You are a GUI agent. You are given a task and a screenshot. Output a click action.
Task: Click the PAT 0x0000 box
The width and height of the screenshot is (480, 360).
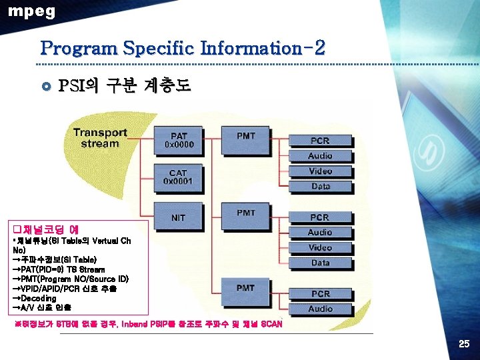[179, 140]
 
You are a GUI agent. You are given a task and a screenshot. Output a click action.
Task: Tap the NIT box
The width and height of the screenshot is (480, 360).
[179, 217]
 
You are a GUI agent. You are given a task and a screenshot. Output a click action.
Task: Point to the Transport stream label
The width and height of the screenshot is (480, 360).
[100, 138]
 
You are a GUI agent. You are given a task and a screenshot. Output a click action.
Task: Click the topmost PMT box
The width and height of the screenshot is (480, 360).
[246, 136]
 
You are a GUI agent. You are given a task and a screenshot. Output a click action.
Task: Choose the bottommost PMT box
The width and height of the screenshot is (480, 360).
[246, 288]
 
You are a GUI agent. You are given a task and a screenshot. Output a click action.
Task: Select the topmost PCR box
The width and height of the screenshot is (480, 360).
[320, 141]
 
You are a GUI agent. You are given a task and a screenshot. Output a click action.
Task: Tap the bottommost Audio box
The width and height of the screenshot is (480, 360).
[320, 309]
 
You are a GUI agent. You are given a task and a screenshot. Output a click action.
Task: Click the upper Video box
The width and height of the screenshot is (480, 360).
[320, 171]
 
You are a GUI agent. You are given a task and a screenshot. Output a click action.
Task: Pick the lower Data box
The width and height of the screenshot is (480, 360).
[320, 263]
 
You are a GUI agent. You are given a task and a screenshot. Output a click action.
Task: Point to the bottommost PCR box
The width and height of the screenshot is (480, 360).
[320, 293]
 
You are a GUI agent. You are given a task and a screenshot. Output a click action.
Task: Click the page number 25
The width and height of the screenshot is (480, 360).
[464, 344]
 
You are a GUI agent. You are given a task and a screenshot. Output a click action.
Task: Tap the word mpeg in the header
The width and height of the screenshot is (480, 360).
[31, 12]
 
